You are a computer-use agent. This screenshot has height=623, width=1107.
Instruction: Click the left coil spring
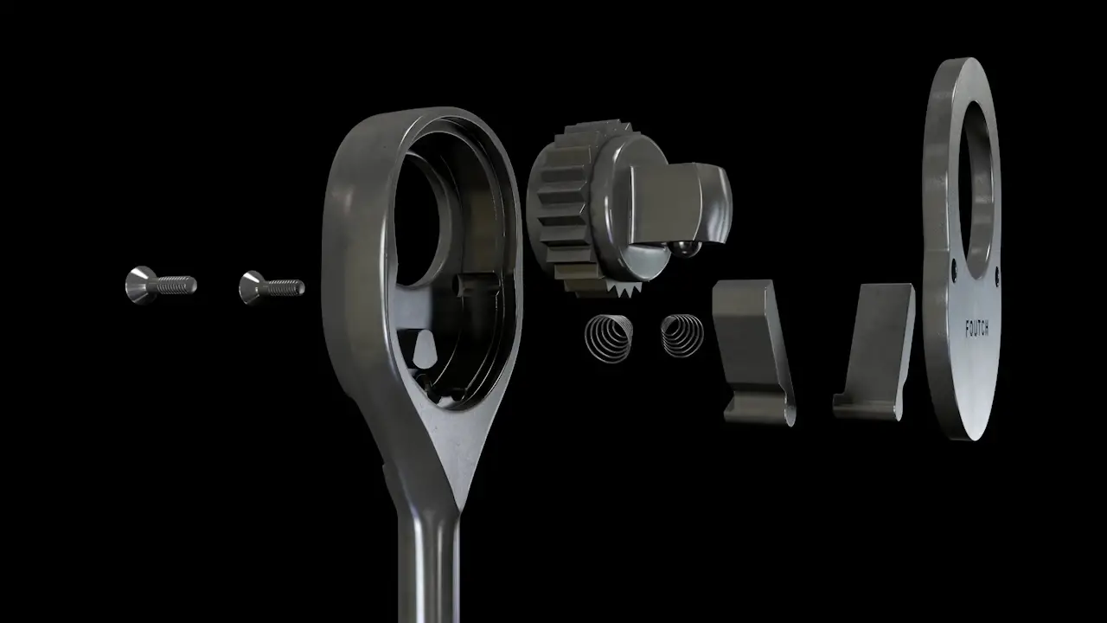pos(608,337)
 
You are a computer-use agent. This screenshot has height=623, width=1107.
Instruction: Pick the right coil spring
pos(681,335)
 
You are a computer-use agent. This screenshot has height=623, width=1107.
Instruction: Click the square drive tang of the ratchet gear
pos(679,203)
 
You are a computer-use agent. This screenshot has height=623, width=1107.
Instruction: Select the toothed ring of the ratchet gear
pos(558,208)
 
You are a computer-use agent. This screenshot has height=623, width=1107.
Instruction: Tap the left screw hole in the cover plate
pos(953,267)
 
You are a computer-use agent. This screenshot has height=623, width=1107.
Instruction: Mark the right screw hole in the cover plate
pos(997,278)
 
